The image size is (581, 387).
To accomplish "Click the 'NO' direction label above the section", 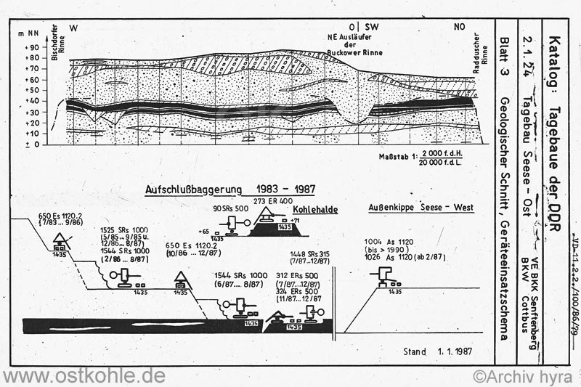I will click(x=460, y=26).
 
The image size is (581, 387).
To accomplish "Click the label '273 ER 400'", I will click(x=272, y=200).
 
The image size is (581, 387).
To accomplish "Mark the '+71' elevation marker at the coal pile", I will click(x=295, y=219).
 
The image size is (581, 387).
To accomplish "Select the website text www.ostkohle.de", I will click(x=84, y=376).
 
